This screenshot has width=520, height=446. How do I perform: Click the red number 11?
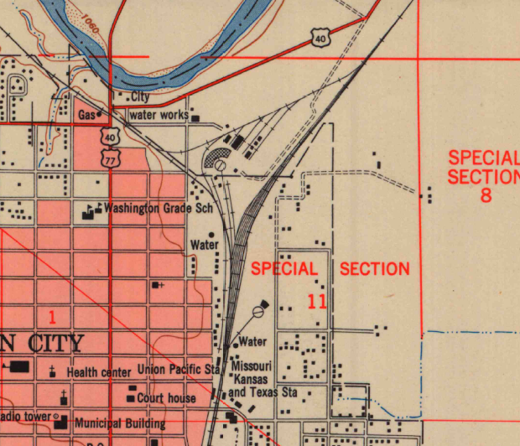[x=317, y=301]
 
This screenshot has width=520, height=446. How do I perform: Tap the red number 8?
[x=486, y=197]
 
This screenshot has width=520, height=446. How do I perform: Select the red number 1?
[x=52, y=317]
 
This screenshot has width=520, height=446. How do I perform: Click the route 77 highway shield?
[x=111, y=157]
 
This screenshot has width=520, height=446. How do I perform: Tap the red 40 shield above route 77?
[x=111, y=137]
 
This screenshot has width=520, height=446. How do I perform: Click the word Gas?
[x=86, y=114]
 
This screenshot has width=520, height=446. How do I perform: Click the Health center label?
[x=99, y=371]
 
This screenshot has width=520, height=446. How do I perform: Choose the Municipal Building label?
[x=120, y=423]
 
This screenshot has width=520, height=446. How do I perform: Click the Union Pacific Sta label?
[x=179, y=369]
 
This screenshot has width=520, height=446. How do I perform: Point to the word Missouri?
[x=252, y=367]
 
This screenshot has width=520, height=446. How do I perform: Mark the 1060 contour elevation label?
[x=91, y=23]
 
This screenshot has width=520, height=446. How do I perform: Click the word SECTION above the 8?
[x=482, y=177]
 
